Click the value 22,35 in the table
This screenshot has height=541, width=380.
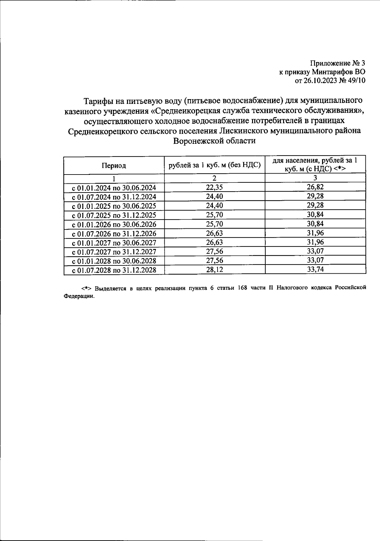pos(214,187)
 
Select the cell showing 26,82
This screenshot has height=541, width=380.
pos(315,187)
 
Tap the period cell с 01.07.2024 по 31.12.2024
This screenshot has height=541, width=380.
pos(114,197)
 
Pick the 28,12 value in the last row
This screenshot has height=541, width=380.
pos(214,270)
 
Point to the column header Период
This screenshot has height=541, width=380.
pos(114,165)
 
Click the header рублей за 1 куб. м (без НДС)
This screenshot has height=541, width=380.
pos(214,165)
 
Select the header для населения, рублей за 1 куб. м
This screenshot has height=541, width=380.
pos(315,164)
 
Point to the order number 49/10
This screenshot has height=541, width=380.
pos(357,80)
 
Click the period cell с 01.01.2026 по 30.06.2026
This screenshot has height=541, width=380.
pos(114,224)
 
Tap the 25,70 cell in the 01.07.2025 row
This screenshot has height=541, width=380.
pos(214,215)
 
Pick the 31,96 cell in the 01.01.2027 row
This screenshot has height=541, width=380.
pos(315,242)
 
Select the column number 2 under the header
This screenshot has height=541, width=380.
pos(214,178)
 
